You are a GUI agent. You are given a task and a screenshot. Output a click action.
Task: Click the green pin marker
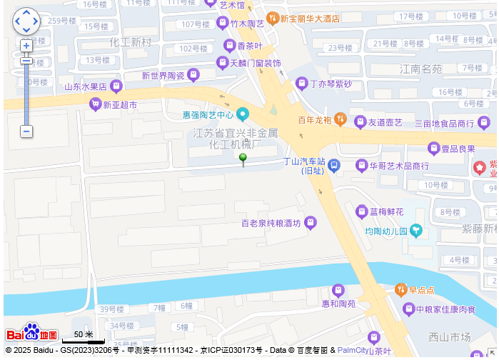[x=243, y=159]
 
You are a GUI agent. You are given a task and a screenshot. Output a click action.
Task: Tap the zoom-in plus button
[x=26, y=46]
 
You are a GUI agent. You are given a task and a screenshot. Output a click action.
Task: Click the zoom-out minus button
[x=26, y=131]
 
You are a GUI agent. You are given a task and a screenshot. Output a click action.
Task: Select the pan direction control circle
[x=26, y=21]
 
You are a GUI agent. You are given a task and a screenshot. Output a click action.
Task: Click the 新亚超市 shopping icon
[x=94, y=104]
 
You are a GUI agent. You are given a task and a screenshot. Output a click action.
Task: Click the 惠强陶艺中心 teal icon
[x=243, y=114]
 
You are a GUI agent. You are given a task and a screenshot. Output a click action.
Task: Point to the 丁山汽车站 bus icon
[x=333, y=166]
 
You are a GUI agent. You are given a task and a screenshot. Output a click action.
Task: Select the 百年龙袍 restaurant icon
[x=341, y=119]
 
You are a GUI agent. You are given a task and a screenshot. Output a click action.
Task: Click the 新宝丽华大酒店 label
[x=309, y=18]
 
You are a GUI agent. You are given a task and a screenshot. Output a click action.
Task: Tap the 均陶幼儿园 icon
[x=416, y=231]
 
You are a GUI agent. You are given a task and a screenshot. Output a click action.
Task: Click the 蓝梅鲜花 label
[x=386, y=212]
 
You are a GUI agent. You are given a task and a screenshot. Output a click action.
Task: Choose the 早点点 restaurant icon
[x=400, y=290]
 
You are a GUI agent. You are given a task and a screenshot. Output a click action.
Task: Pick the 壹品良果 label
[x=458, y=149]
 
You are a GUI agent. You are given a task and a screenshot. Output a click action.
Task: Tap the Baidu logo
[x=31, y=333]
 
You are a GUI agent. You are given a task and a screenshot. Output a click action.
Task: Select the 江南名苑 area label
[x=420, y=69]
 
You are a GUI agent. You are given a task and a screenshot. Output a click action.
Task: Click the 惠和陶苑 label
[x=338, y=304]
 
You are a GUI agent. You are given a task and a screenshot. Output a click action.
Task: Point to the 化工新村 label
[x=131, y=42]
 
